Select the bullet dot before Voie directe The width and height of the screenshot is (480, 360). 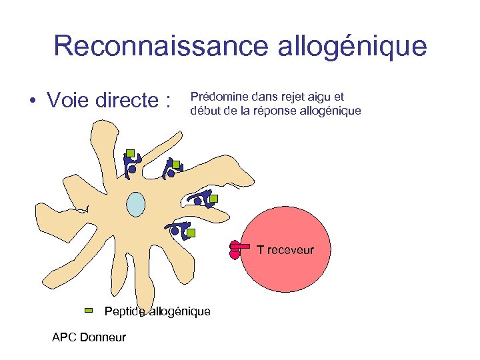31,102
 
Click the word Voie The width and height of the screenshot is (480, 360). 69,101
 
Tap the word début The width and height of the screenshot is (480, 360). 204,111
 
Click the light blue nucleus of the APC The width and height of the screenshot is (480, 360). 136,204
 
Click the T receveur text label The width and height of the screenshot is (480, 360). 285,250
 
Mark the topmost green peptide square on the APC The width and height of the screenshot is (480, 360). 131,153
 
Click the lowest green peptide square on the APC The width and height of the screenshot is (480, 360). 191,233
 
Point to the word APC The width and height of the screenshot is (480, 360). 64,337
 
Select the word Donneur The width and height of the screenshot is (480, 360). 103,337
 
